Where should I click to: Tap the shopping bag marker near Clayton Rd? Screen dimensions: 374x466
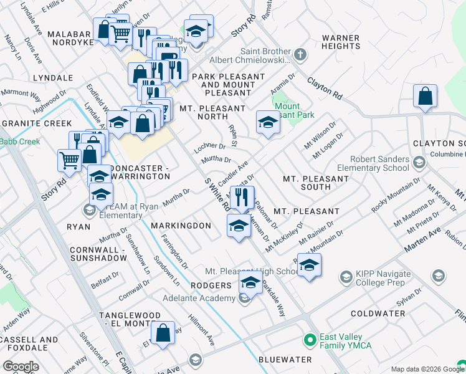pyautogui.click(x=425, y=97)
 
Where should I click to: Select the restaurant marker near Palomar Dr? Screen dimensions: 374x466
pyautogui.click(x=242, y=198)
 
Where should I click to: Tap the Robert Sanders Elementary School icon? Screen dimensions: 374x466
pyautogui.click(x=419, y=163)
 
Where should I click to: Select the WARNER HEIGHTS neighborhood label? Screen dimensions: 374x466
pyautogui.click(x=340, y=42)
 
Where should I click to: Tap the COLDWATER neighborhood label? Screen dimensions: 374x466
pyautogui.click(x=378, y=313)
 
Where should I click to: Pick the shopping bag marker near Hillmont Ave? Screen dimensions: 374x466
pyautogui.click(x=163, y=333)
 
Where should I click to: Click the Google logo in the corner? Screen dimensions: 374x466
pyautogui.click(x=21, y=366)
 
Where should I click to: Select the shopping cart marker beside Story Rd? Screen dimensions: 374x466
pyautogui.click(x=69, y=160)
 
